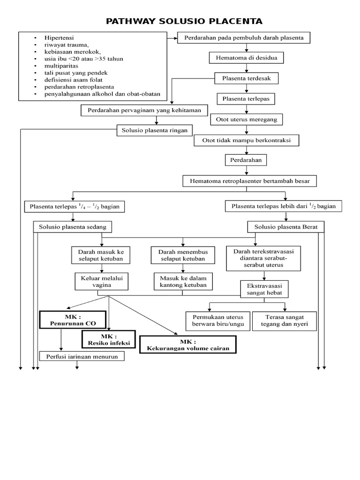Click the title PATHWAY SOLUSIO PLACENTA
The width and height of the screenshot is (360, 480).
click(184, 21)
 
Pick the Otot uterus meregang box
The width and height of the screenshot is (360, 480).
click(246, 119)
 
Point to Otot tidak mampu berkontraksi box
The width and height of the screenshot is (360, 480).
click(246, 140)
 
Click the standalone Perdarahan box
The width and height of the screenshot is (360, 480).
click(246, 160)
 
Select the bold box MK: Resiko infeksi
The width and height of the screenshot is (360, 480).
click(108, 340)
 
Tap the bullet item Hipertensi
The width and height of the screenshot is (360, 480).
click(59, 37)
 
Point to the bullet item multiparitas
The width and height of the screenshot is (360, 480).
click(61, 66)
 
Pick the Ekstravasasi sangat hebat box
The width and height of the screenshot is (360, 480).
click(264, 289)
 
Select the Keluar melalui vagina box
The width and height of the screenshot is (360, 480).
click(101, 282)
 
